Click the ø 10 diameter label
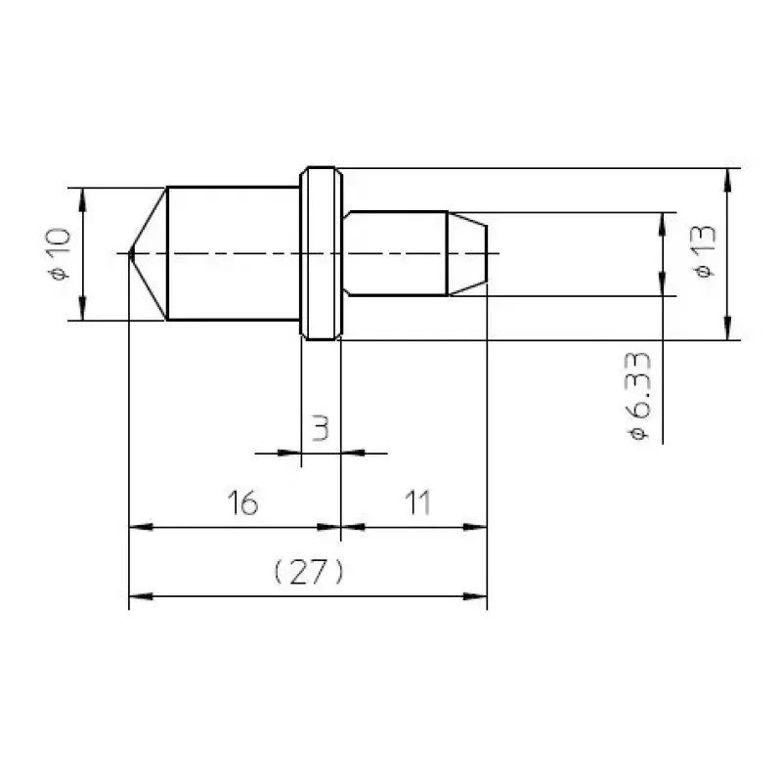click(61, 254)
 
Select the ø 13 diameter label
click(704, 251)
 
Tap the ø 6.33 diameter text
click(638, 396)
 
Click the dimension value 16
click(242, 502)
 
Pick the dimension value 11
click(418, 502)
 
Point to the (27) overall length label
click(309, 571)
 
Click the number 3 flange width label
click(320, 427)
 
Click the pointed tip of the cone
click(130, 253)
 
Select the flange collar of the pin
click(322, 253)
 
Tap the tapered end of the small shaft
click(467, 253)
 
